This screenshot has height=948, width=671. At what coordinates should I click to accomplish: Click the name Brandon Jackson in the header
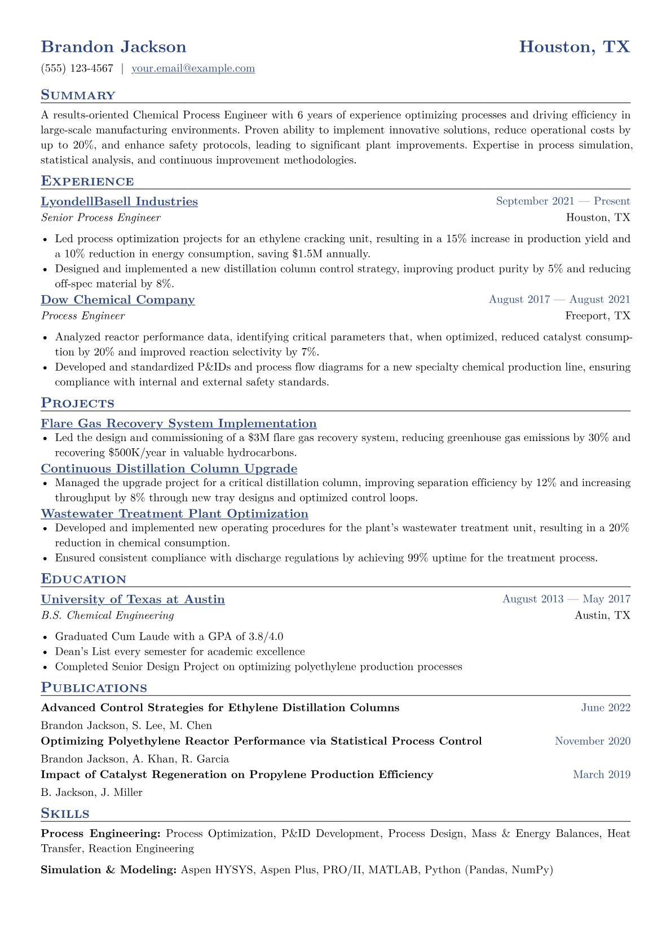coord(113,47)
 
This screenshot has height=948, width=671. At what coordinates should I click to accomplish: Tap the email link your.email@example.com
coord(193,69)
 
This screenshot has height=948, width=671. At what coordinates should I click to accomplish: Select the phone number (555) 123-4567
coord(77,69)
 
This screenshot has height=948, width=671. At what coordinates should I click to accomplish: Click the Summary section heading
coord(78,95)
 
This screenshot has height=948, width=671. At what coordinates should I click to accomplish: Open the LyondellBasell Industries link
coord(119,202)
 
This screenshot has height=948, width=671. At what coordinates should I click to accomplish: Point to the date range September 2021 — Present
coord(563,202)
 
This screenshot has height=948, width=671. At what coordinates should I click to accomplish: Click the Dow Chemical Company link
coord(118,300)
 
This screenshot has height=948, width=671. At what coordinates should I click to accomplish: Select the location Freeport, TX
coord(598,316)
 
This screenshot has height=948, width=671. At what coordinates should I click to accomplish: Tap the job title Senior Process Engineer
coord(100,218)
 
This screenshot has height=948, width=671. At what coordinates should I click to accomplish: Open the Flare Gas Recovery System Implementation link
coord(179,424)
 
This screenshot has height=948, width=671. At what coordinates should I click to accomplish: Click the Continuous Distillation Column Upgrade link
coord(169,469)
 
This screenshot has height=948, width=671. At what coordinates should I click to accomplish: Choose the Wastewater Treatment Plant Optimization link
coord(175,514)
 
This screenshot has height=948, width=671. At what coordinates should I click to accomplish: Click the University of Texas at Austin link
coord(133,599)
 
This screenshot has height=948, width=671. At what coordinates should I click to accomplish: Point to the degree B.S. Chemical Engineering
coord(107,616)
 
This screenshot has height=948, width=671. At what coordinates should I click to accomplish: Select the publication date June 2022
coord(606,708)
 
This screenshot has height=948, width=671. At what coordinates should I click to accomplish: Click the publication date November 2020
coord(593,741)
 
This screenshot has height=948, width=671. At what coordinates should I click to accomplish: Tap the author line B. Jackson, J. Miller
coord(91,793)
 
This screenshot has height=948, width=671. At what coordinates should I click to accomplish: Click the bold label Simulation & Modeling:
coord(109,870)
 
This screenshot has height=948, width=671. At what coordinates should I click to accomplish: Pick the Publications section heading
coord(94,688)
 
